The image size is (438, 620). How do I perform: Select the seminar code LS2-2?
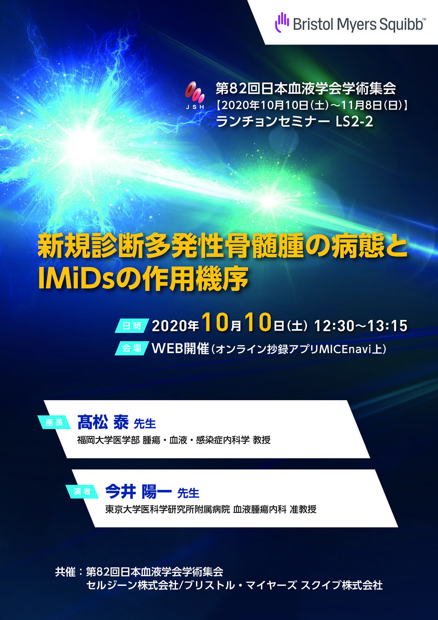click(354, 122)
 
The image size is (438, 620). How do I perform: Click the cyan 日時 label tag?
click(132, 326)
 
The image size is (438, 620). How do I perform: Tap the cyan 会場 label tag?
click(132, 348)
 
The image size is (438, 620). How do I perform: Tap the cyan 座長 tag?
click(54, 422)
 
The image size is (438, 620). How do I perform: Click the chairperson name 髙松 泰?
click(103, 422)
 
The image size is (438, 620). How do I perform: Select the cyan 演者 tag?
click(82, 491)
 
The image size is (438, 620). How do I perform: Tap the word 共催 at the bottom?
click(65, 572)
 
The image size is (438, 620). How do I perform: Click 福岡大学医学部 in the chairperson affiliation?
click(108, 440)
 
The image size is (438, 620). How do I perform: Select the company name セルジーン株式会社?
click(132, 585)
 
